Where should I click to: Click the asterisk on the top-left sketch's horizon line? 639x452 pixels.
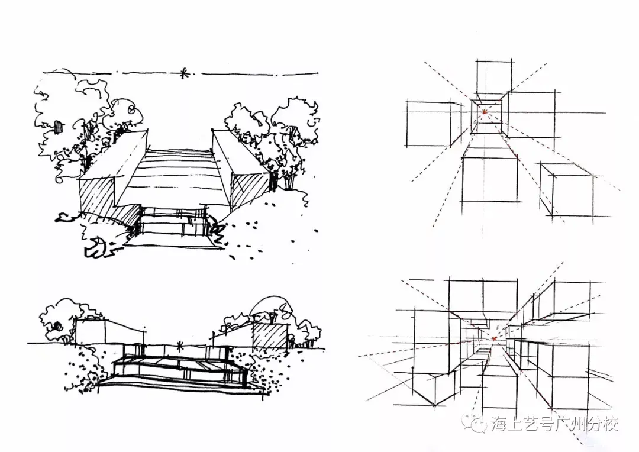point(183,73)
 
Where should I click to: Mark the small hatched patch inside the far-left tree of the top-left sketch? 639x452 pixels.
point(59,126)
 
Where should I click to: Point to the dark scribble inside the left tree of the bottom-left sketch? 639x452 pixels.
point(57,326)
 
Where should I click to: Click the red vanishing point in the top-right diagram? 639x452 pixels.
point(485,111)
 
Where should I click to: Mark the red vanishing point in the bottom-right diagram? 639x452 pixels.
point(494,338)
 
